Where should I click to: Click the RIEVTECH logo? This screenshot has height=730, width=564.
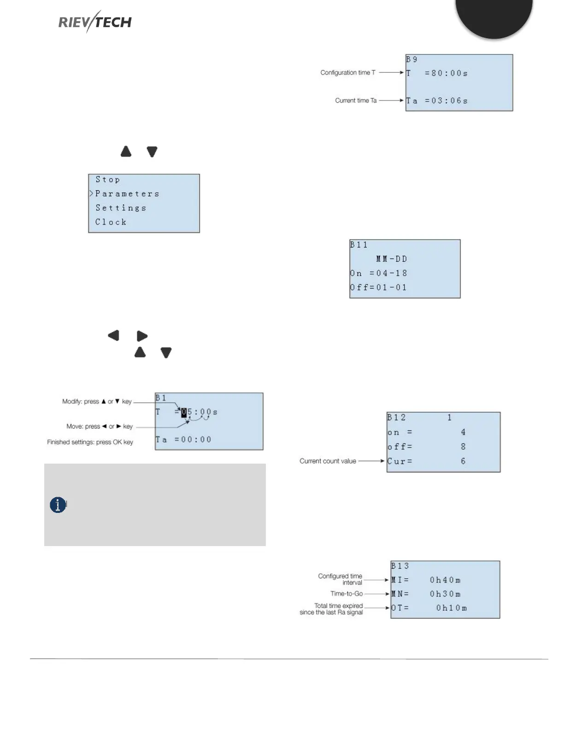(x=95, y=22)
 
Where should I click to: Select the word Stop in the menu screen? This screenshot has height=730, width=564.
(x=108, y=180)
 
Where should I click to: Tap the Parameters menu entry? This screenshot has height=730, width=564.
(x=127, y=194)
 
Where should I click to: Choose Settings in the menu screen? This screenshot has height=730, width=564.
(x=121, y=208)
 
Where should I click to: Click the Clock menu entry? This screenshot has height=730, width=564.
(x=111, y=222)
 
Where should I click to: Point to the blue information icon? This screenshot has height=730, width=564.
(x=58, y=505)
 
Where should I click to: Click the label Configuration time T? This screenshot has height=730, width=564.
(x=348, y=73)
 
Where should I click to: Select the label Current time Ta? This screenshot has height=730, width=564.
(x=356, y=100)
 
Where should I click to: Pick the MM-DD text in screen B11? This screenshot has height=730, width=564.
(x=392, y=259)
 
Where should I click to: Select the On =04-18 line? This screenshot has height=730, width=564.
(x=379, y=273)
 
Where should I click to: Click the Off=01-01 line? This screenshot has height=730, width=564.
(x=378, y=288)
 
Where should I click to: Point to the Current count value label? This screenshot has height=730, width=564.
(x=328, y=461)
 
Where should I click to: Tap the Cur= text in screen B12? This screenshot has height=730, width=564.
(x=399, y=461)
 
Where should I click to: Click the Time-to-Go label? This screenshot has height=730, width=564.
(x=347, y=594)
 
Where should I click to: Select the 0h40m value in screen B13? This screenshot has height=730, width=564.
(x=445, y=580)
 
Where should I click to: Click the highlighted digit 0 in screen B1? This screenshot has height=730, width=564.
(x=184, y=412)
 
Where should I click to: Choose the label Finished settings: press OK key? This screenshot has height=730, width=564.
(x=90, y=442)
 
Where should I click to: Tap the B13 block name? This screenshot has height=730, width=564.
(x=400, y=566)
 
